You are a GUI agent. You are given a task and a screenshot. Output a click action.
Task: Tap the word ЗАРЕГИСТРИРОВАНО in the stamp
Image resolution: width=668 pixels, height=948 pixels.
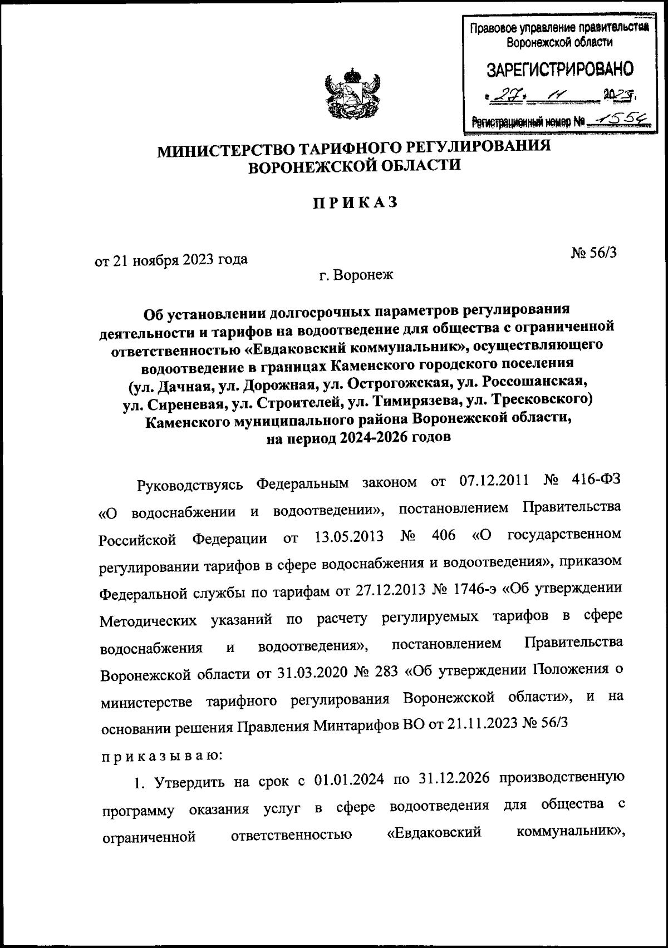pos(560,70)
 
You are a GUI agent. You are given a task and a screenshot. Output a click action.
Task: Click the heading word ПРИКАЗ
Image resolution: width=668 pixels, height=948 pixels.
pos(354,203)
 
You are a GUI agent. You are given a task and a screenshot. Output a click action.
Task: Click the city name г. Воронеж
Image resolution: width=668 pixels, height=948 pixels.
pos(356,275)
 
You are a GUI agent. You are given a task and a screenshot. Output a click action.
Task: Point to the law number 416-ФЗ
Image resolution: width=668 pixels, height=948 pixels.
pos(595,482)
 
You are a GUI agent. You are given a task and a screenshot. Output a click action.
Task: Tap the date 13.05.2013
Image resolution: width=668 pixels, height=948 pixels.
pos(349,537)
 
